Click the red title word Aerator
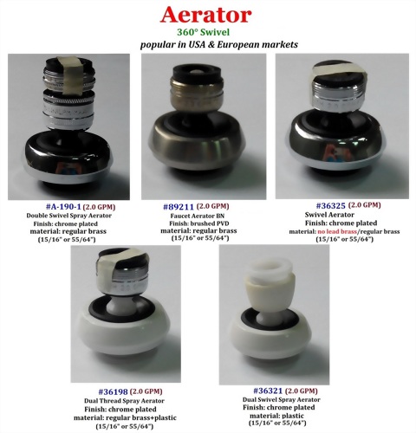(207, 15)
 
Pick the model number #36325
(321, 205)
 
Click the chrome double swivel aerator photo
(68, 126)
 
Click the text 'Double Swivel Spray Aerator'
(67, 216)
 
